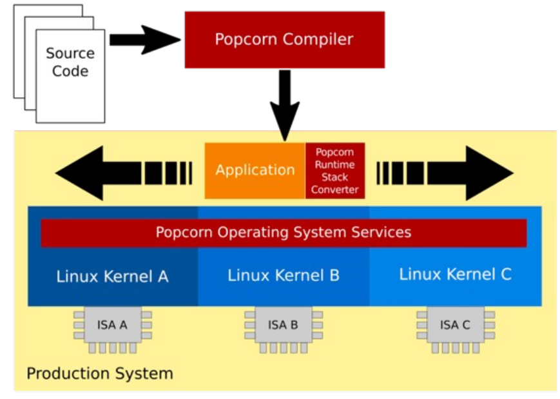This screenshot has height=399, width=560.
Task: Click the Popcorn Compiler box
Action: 284,39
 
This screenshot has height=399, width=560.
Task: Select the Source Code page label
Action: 70,63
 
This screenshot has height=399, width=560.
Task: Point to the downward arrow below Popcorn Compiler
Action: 284,103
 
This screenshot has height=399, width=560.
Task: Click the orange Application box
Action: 255,170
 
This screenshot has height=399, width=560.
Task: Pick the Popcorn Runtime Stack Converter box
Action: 334,171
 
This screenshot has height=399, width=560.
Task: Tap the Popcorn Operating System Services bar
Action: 284,232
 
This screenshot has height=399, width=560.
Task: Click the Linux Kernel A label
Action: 112,277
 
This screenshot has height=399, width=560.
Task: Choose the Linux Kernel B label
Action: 284,276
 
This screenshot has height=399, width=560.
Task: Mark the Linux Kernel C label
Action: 455,274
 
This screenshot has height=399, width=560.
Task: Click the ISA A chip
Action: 112,326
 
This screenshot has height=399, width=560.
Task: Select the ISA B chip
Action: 284,326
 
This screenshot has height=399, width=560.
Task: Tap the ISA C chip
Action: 455,326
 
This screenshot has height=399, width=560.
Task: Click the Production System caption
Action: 99,373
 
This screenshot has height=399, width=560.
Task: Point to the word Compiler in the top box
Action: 320,39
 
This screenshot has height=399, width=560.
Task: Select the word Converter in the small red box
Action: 334,190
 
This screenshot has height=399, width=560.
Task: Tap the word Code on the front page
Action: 70,71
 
